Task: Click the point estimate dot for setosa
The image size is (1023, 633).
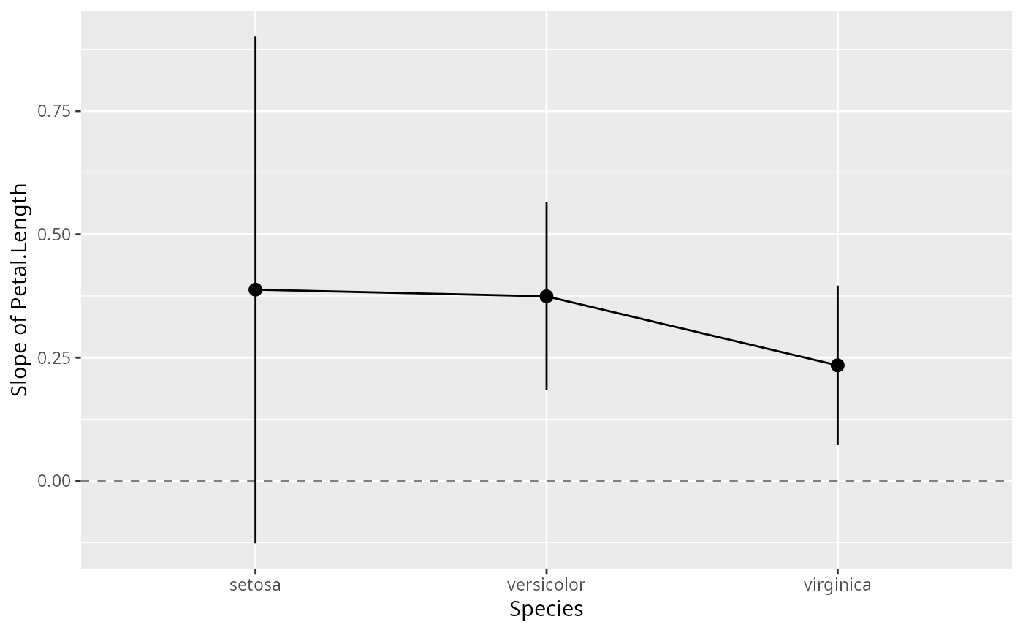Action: (255, 289)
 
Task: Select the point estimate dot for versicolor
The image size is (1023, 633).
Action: (547, 296)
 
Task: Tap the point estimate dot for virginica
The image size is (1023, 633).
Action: (837, 365)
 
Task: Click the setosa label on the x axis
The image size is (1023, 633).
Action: (255, 585)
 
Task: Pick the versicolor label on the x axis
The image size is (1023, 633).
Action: (547, 585)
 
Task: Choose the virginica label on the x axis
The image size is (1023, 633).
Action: (837, 585)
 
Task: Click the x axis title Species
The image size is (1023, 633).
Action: (547, 609)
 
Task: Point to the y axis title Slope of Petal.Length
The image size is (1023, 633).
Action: (20, 289)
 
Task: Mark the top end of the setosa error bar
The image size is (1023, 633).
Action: (255, 36)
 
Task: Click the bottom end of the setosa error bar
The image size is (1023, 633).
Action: (255, 542)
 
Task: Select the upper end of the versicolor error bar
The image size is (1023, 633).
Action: (547, 202)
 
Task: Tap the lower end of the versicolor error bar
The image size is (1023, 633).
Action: (547, 390)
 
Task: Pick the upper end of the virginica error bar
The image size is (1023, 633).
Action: (837, 286)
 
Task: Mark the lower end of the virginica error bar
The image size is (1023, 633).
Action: (837, 444)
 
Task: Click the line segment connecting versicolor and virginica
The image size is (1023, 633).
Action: (692, 330)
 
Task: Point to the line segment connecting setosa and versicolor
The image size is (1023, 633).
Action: (400, 293)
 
